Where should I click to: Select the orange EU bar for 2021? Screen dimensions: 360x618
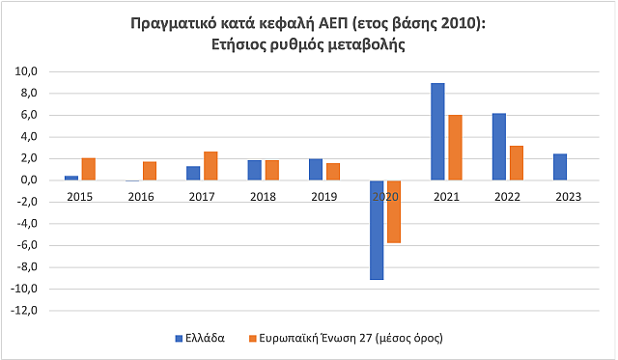[455, 148]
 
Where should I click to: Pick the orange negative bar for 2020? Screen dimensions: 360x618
[394, 211]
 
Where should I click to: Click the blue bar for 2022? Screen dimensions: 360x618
[498, 147]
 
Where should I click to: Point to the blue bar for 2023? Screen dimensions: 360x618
[560, 167]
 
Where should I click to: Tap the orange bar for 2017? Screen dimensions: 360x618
[211, 166]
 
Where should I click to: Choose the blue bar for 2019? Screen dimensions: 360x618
[315, 170]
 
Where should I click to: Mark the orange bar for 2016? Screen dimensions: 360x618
[150, 171]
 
